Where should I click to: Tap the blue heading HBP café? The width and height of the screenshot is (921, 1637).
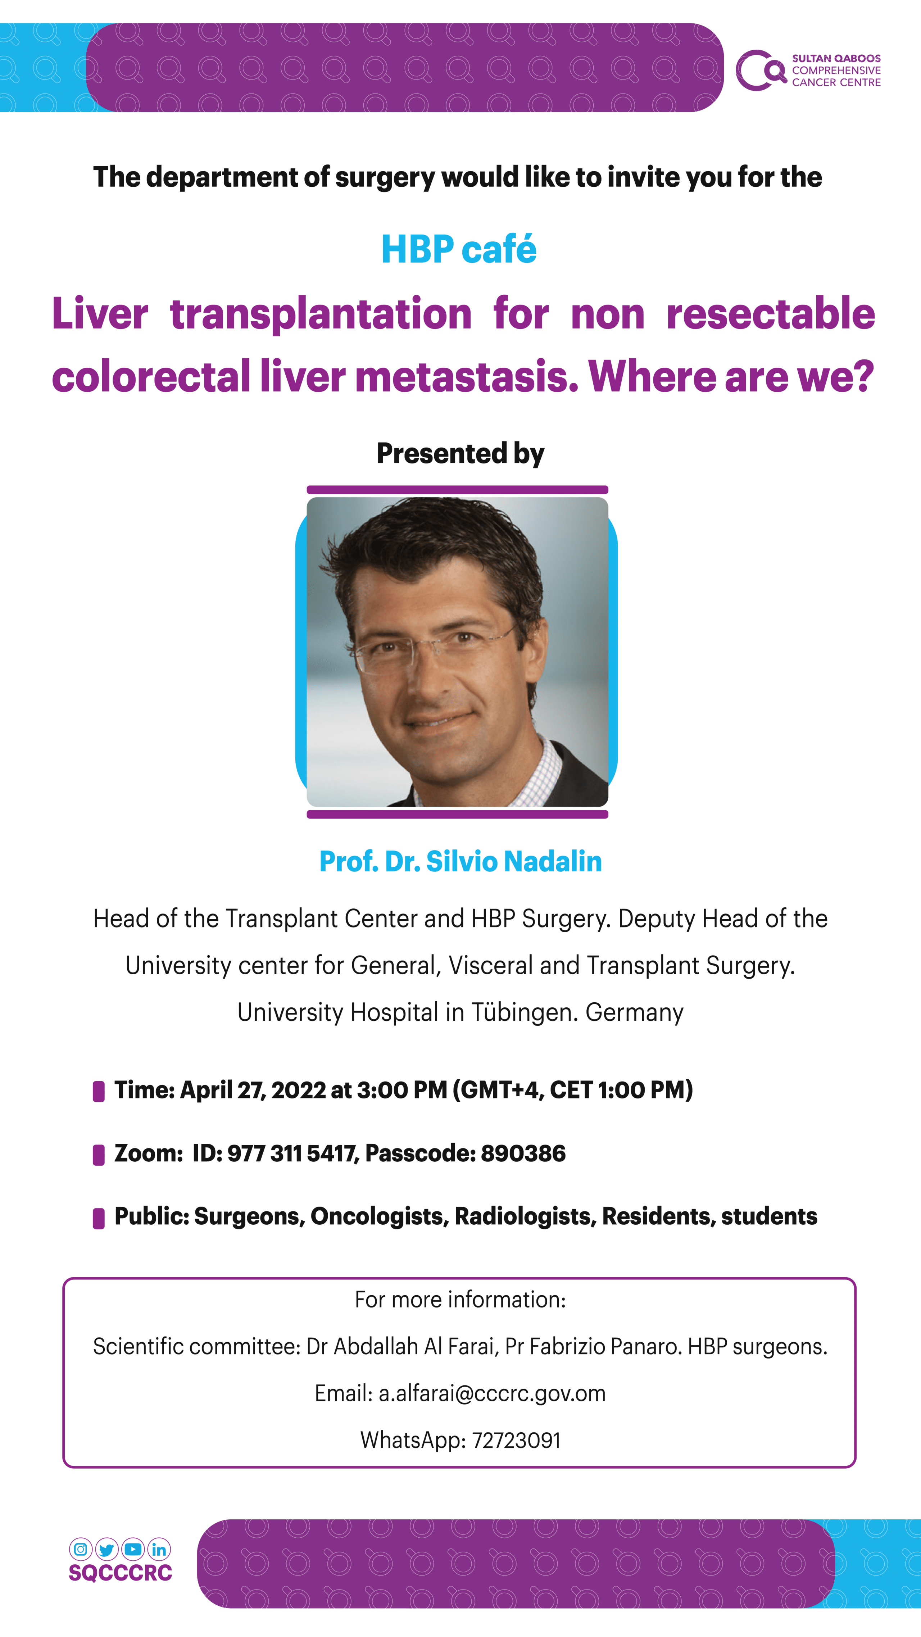pos(459,249)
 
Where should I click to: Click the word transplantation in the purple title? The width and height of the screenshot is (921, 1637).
pos(321,314)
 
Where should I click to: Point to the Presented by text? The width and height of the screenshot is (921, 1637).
pos(460,453)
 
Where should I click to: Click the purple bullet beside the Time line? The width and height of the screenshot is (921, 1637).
pos(99,1091)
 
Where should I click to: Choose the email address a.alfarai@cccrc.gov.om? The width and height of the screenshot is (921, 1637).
pos(492,1393)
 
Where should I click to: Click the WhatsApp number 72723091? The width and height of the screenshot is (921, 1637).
pos(516,1440)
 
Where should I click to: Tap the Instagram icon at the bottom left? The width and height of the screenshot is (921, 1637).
pos(81,1549)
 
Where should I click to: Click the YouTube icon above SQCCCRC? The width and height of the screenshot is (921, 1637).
pos(133,1549)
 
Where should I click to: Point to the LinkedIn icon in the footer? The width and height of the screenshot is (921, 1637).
pos(159,1549)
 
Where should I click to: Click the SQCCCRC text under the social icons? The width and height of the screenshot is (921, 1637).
pos(120,1573)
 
